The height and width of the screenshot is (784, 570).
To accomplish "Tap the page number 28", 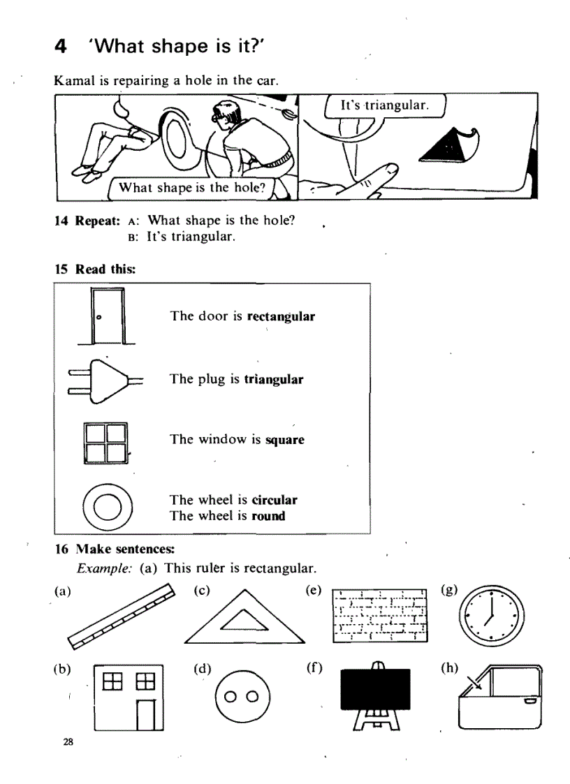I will pos(68,741).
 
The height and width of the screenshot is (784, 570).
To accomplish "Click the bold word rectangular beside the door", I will pos(282,316).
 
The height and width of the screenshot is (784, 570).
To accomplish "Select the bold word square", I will pos(285,441).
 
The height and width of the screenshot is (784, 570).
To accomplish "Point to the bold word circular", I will pos(274,500).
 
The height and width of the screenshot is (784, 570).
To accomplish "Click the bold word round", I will pos(269,517).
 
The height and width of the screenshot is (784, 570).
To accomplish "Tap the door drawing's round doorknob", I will pos(98,317).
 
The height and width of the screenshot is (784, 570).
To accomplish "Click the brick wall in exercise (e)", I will pos(380,612).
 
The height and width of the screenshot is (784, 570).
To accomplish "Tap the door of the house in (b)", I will pos(145,713).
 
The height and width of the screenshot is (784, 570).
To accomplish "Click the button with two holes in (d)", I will pos(242,697).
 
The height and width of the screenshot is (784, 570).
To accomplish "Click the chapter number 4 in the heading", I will pos(61,47).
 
